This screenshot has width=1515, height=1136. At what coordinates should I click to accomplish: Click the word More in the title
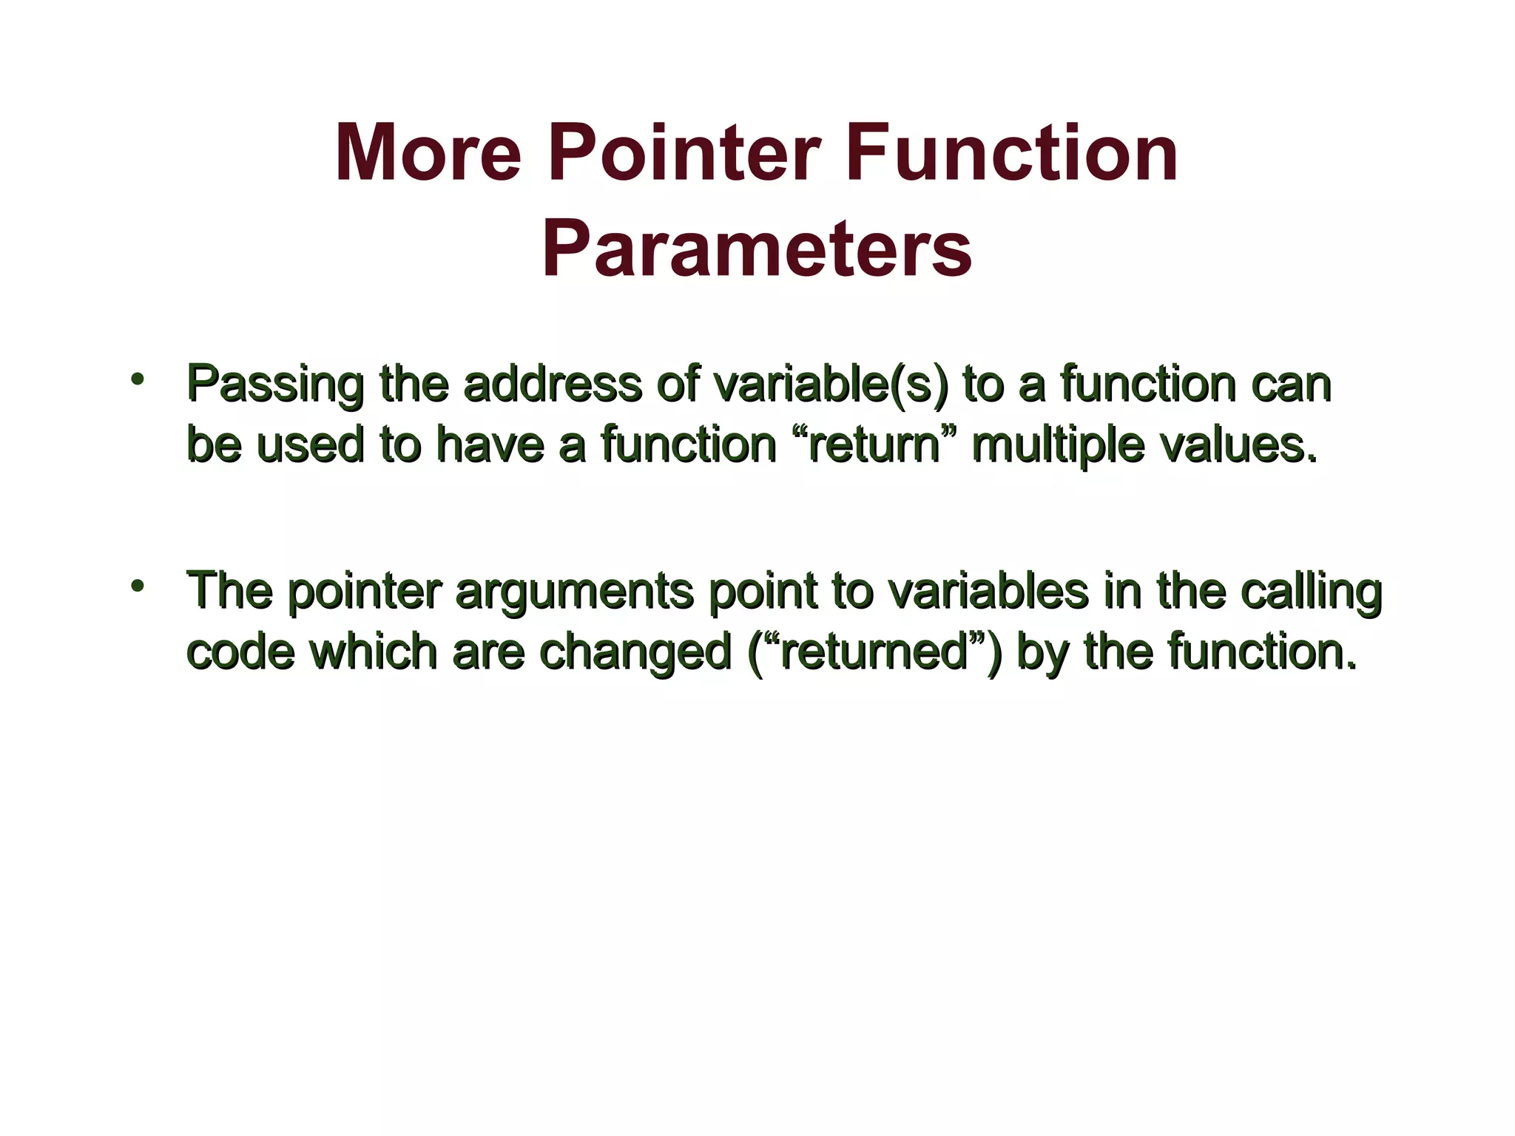coord(428,154)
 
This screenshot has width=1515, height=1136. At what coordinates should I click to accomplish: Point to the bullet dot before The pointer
coord(136,586)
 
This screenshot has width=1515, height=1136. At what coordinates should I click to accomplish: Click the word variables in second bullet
coord(987,591)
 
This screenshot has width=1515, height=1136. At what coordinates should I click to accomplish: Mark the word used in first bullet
coord(310,445)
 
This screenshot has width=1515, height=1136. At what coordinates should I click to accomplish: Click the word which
coord(373,652)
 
